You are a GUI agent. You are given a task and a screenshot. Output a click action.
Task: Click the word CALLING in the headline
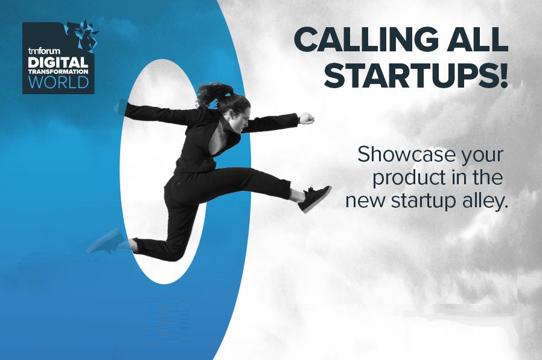(365, 39)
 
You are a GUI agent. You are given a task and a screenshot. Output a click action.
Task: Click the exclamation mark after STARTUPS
(503, 75)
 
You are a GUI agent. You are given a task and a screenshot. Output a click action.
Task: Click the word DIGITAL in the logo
(58, 63)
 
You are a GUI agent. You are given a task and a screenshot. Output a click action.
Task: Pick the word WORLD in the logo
(59, 82)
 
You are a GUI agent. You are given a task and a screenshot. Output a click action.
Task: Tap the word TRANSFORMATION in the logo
(58, 72)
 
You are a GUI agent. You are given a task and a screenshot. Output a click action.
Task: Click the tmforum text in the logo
(44, 51)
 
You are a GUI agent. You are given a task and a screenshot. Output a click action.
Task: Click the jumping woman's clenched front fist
(307, 118)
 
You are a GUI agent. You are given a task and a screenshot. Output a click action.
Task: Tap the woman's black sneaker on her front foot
(314, 198)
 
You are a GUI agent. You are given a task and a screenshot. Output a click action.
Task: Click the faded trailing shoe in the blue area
(106, 242)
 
